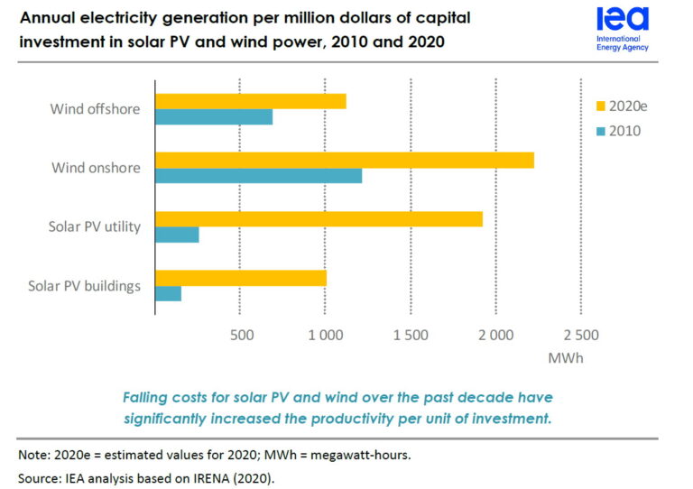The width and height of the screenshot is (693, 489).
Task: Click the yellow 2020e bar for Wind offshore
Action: [x=251, y=101]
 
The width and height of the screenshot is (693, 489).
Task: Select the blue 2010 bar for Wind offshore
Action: [x=214, y=117]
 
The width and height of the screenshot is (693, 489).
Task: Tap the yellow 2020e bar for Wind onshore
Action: [x=345, y=160]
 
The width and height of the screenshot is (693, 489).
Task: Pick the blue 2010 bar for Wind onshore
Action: [x=259, y=176]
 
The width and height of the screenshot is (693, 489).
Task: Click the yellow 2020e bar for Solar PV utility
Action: [x=319, y=218]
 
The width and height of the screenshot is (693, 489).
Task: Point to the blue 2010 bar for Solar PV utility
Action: [x=178, y=235]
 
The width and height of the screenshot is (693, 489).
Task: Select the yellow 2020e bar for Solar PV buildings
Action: [x=241, y=277]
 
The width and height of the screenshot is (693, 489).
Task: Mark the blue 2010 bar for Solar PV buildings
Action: [x=169, y=293]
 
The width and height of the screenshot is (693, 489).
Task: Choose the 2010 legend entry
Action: [x=617, y=131]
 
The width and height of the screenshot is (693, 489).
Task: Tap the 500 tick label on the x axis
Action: [x=240, y=336]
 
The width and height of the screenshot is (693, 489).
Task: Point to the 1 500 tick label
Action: [x=411, y=336]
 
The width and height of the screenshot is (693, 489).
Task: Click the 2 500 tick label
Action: [x=580, y=336]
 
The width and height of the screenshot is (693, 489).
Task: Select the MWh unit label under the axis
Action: [x=566, y=358]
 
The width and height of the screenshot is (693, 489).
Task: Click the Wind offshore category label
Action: [x=96, y=109]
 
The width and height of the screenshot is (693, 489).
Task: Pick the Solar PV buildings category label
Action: [x=85, y=286]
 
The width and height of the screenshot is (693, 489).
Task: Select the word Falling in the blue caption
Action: [x=148, y=398]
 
